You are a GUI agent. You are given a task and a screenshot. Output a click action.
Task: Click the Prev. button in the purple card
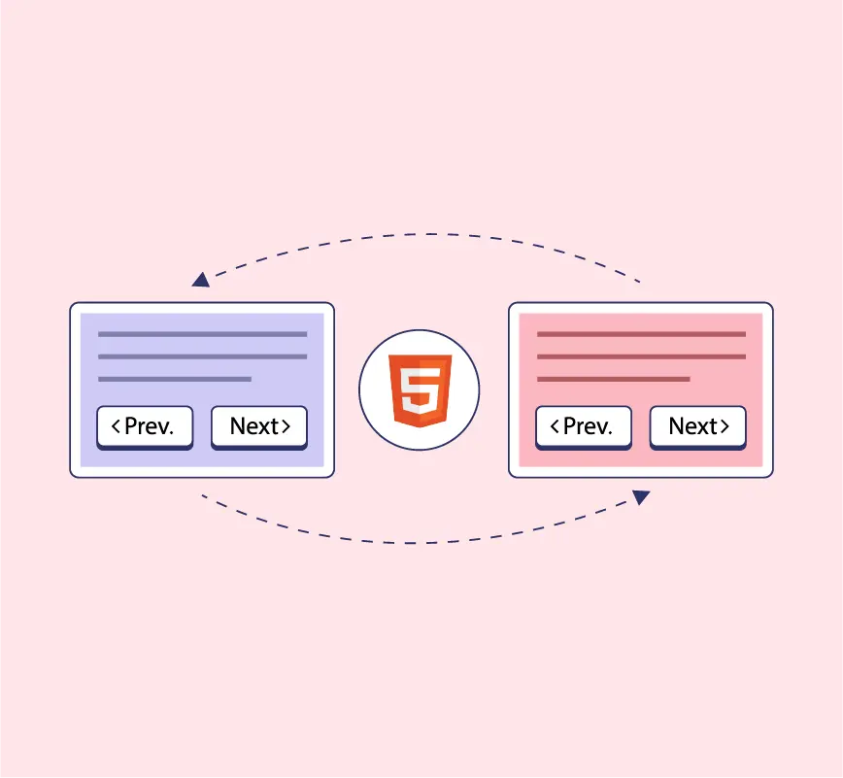pos(145,426)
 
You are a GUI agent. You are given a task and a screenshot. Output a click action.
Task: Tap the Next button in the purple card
pos(259,426)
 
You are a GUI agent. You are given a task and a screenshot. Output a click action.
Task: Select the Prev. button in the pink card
pos(584,426)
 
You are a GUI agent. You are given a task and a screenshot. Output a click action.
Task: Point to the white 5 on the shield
pos(419,389)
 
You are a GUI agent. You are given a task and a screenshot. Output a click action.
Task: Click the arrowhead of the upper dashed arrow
pos(201,280)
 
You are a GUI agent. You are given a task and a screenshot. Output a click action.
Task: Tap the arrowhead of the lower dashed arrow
pos(641,496)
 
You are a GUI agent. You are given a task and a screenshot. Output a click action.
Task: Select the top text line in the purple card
pos(202,334)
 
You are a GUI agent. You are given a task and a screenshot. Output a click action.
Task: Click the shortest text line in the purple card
pos(175,379)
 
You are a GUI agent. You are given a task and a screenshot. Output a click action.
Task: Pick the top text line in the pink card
pos(641,334)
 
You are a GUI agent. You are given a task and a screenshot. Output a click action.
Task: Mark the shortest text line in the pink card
pos(614,379)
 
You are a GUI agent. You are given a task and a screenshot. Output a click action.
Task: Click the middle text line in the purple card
pos(202,356)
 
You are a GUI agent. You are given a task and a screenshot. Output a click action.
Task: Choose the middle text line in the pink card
pos(641,356)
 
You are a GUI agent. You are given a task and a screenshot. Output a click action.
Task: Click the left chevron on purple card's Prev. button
pos(117,426)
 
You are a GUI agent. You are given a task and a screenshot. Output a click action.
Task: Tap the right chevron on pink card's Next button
pos(725,426)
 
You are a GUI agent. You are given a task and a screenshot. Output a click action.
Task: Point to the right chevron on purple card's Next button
pos(287,426)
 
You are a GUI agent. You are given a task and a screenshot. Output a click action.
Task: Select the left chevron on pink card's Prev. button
pos(556,426)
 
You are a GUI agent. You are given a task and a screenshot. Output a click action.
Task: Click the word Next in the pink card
pos(692,426)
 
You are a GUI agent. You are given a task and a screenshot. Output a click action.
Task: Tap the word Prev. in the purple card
pos(150,426)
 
